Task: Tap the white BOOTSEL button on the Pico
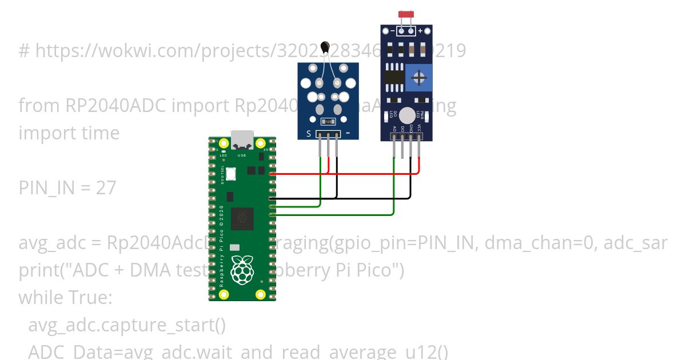pos(232,174)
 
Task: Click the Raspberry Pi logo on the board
pos(242,270)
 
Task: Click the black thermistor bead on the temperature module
pos(326,47)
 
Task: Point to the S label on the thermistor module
pos(309,134)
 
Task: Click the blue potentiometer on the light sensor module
pos(419,77)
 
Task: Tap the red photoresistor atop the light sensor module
pos(406,13)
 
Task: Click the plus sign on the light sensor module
pos(420,30)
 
